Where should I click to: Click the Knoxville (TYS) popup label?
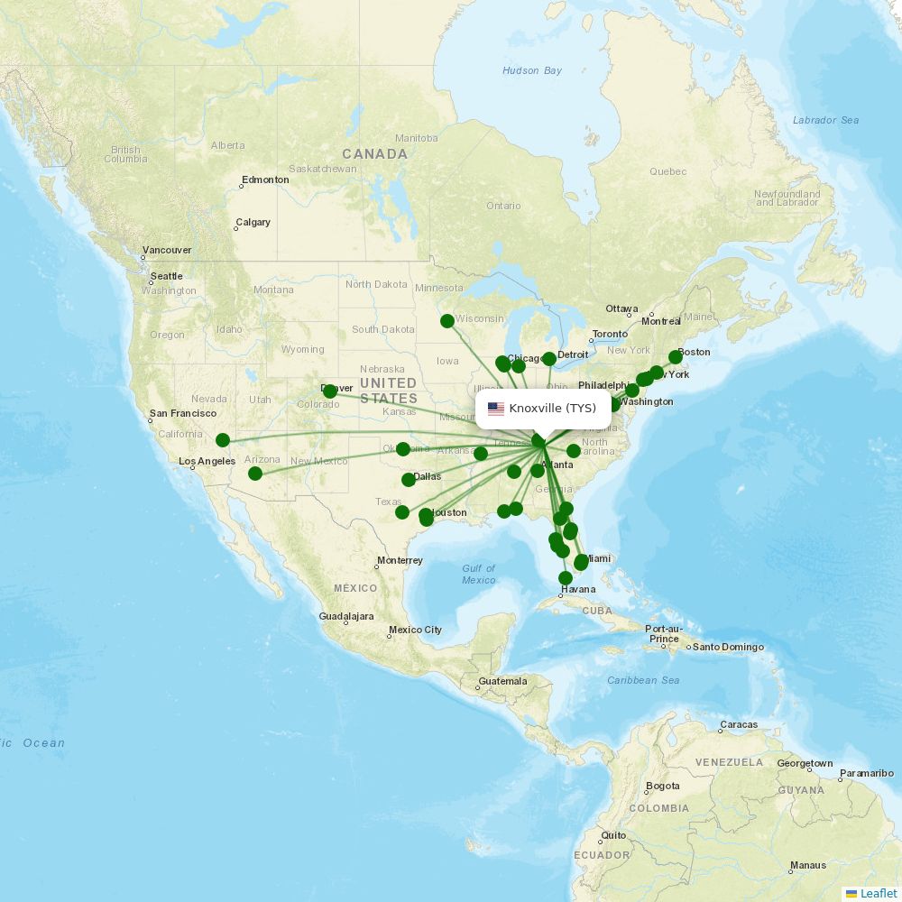(x=552, y=409)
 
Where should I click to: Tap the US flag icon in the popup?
(x=496, y=409)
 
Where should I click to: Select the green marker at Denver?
(x=330, y=391)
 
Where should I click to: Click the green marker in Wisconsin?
(x=447, y=321)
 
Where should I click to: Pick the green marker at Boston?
(x=676, y=356)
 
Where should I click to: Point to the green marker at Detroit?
(x=549, y=359)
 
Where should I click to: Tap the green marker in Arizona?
(x=255, y=474)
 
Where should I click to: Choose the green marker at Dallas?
(x=409, y=480)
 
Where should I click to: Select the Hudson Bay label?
(x=532, y=70)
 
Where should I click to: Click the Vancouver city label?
(x=167, y=250)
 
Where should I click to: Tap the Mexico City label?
(x=415, y=630)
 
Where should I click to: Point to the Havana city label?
(x=577, y=589)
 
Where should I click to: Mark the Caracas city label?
(x=739, y=725)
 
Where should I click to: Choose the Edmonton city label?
(x=265, y=179)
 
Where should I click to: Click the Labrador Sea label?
(x=825, y=120)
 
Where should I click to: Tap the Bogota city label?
(x=662, y=787)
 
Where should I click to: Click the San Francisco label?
(x=183, y=413)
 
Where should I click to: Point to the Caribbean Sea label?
(x=643, y=680)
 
